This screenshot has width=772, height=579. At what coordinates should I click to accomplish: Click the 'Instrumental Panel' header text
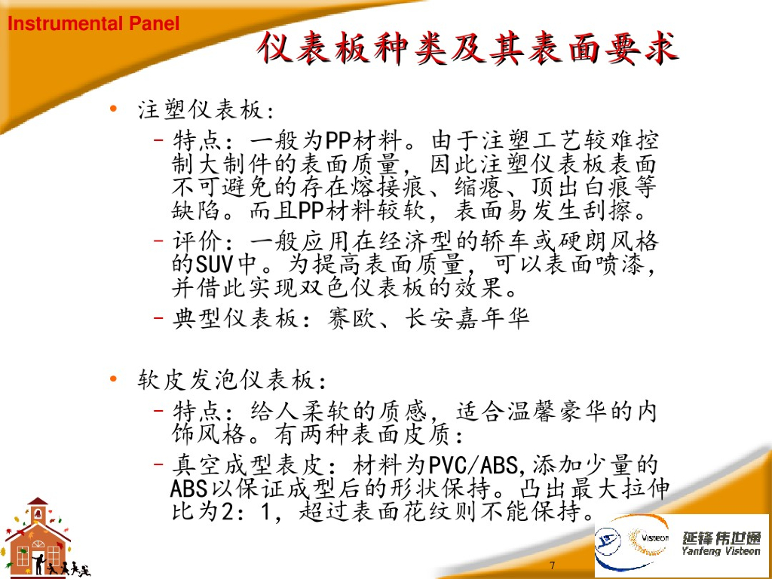point(93,23)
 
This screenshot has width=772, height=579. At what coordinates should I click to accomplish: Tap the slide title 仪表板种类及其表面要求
point(465,49)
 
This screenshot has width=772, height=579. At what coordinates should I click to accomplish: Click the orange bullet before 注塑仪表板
point(112,109)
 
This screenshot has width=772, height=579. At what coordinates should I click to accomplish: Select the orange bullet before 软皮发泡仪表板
point(112,377)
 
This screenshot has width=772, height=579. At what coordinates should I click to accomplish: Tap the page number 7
point(553,565)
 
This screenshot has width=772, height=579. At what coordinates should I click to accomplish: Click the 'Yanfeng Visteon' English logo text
point(721,551)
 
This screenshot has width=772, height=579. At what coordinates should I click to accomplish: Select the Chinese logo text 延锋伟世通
point(721,537)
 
